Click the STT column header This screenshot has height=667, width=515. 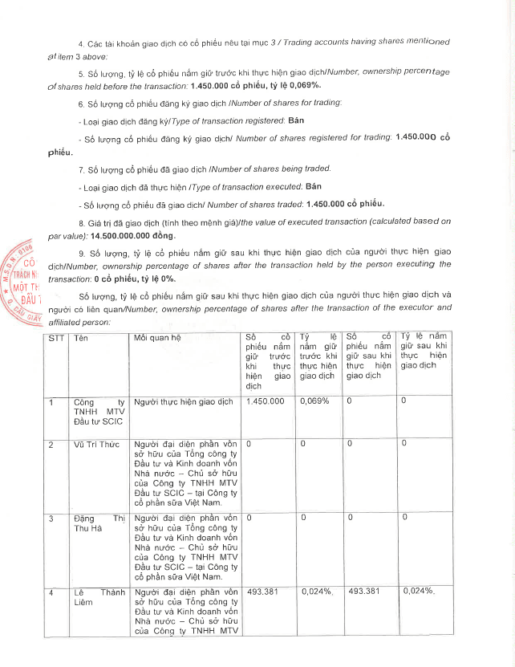(x=55, y=338)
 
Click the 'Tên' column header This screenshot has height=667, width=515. (x=80, y=338)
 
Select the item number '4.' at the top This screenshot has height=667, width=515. (x=81, y=41)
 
